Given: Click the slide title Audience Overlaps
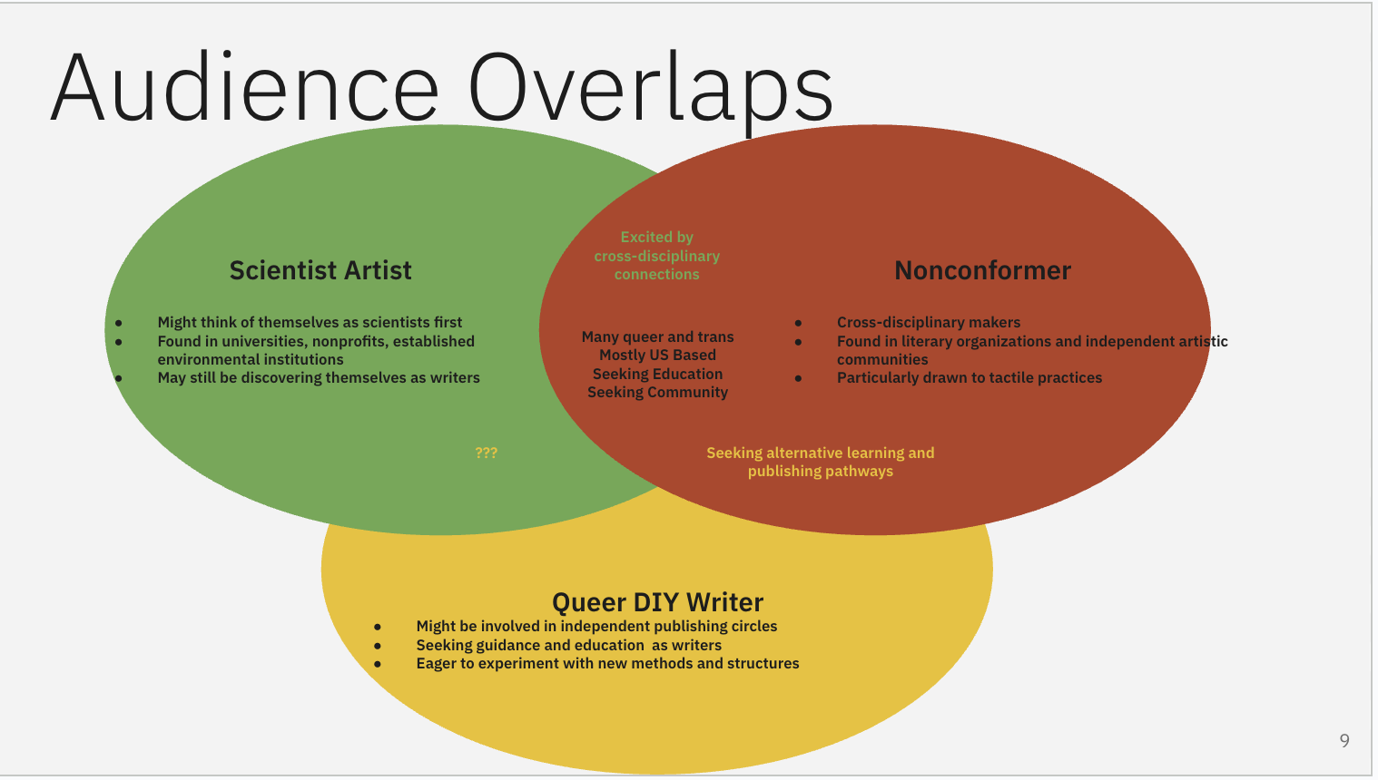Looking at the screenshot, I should pyautogui.click(x=441, y=89).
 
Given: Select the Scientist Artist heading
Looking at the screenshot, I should pyautogui.click(x=320, y=270).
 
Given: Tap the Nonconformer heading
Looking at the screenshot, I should pyautogui.click(x=982, y=270).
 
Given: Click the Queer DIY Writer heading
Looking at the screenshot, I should pyautogui.click(x=657, y=602).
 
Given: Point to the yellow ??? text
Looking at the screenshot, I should pyautogui.click(x=487, y=453).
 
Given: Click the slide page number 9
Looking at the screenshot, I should pyautogui.click(x=1344, y=741).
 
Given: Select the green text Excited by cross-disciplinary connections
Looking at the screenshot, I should pyautogui.click(x=656, y=256).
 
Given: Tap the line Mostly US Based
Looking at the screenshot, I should pyautogui.click(x=657, y=356).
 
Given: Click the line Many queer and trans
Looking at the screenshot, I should pyautogui.click(x=657, y=336).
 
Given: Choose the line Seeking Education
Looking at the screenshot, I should pyautogui.click(x=657, y=374).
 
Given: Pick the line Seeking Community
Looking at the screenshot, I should pyautogui.click(x=657, y=393).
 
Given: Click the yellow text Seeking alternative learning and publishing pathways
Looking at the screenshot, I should pyautogui.click(x=820, y=462).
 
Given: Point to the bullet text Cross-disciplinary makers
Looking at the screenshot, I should pyautogui.click(x=928, y=322).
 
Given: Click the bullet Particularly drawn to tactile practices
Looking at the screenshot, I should pyautogui.click(x=969, y=377).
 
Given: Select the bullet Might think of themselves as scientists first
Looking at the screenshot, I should pyautogui.click(x=310, y=322).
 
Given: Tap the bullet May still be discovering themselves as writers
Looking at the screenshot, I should pyautogui.click(x=319, y=377).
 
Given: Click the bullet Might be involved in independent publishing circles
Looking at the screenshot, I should pyautogui.click(x=596, y=626).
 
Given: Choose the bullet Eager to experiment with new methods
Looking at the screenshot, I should pyautogui.click(x=607, y=663).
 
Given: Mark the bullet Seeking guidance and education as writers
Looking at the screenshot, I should pyautogui.click(x=568, y=645).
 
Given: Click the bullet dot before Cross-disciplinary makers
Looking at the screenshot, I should pyautogui.click(x=798, y=323).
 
